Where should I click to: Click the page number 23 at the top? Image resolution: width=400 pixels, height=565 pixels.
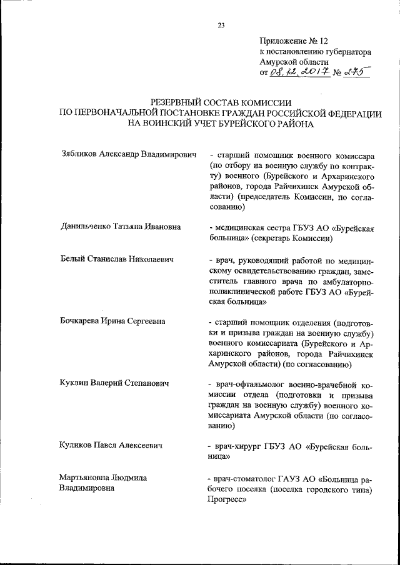[221, 26]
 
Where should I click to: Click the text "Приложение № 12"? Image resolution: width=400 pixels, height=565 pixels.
[293, 41]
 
